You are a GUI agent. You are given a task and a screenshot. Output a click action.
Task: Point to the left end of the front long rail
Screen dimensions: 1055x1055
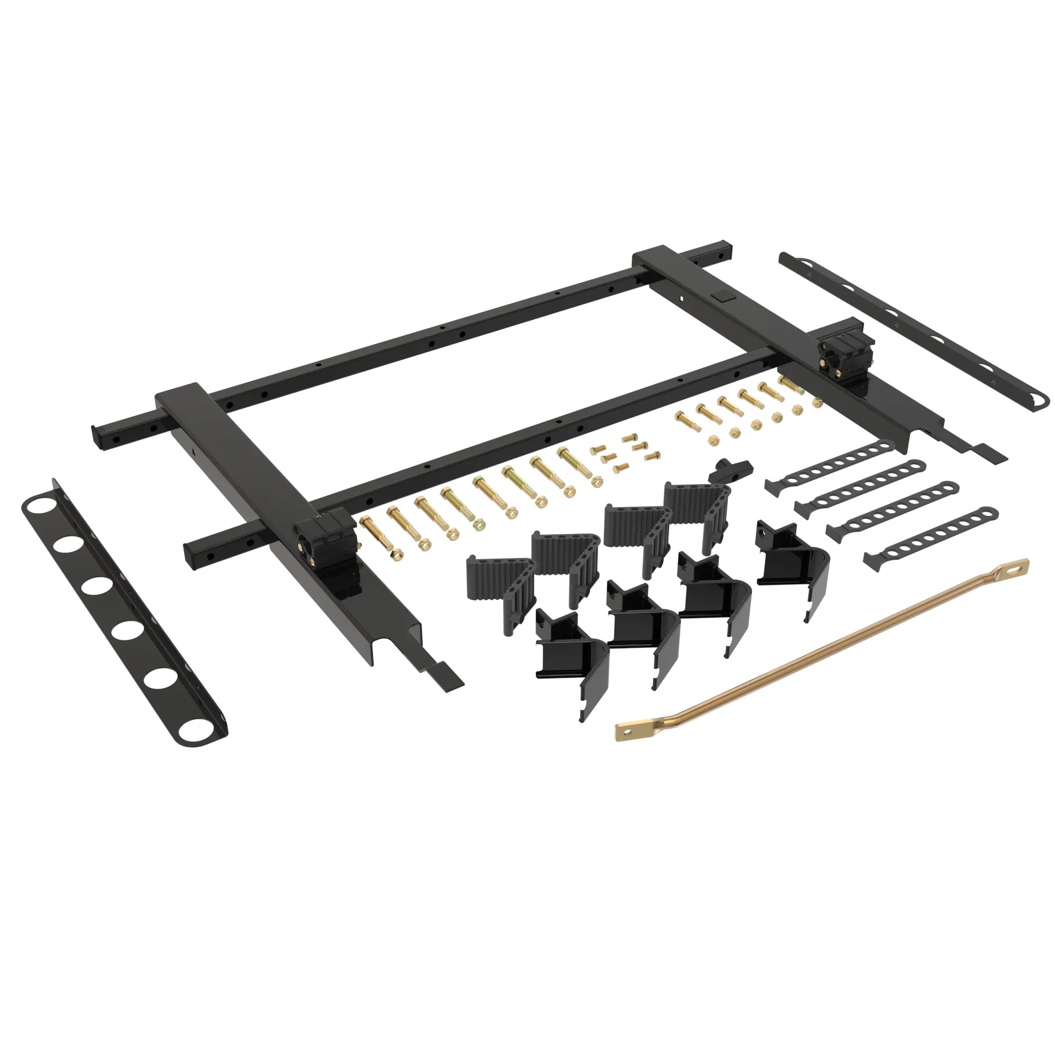pos(197,552)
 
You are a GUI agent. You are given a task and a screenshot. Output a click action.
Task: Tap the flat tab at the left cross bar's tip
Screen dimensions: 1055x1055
pos(448,678)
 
